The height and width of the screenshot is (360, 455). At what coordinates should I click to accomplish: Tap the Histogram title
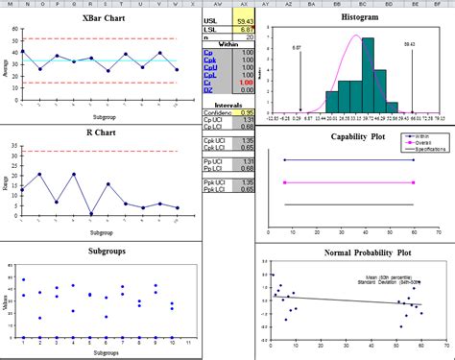click(356, 17)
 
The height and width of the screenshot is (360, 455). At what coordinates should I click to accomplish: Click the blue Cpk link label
click(209, 59)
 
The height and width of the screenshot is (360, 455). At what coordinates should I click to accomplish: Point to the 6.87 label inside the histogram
click(298, 45)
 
